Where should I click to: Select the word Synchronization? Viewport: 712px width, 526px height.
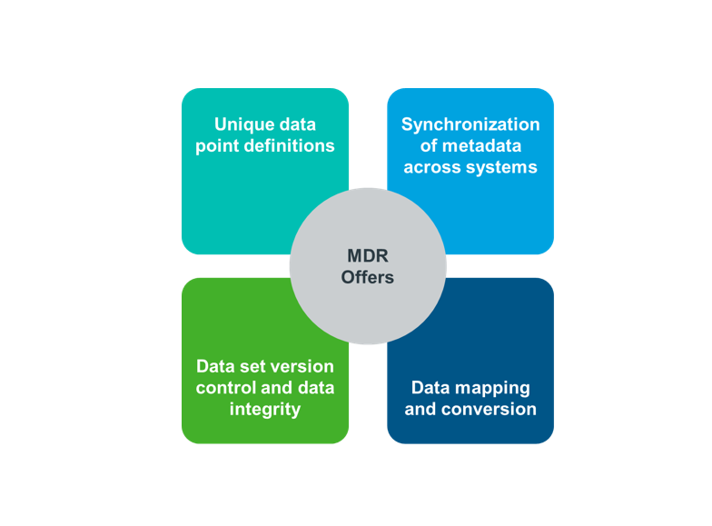click(x=470, y=125)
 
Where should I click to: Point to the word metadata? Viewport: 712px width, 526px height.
click(x=481, y=145)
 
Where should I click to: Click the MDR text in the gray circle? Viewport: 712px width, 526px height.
click(x=368, y=256)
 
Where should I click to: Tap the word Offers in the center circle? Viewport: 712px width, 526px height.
click(x=368, y=278)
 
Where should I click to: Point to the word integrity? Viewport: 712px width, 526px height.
click(x=265, y=410)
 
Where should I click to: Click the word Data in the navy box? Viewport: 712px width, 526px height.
click(x=430, y=388)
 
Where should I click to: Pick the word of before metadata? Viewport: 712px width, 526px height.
click(x=429, y=145)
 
